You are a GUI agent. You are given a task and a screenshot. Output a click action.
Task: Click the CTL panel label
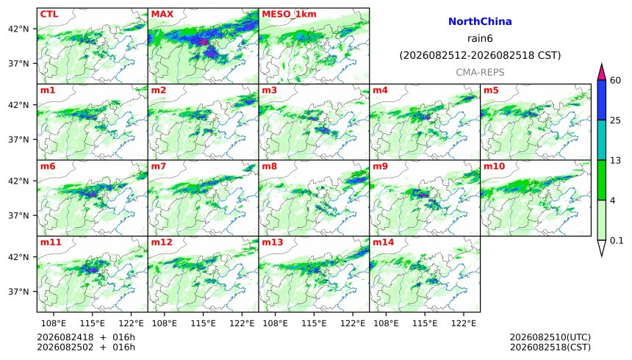coord(49,14)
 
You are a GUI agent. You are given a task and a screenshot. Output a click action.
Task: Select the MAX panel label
coord(162,14)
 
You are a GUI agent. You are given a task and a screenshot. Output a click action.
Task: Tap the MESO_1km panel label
coord(289,14)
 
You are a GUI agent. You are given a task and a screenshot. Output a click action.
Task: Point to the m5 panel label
coord(491,90)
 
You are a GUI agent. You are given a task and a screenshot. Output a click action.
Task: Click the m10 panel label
coord(494,166)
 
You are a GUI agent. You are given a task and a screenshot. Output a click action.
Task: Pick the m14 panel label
coord(383,242)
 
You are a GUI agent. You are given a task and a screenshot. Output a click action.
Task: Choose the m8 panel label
coord(269,166)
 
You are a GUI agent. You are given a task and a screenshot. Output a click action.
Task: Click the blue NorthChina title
coord(480,21)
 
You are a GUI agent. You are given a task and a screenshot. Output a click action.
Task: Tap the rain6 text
coord(480,39)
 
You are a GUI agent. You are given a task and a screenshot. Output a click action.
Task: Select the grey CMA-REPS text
coord(480,73)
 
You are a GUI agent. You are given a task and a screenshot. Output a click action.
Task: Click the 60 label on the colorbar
coord(615,81)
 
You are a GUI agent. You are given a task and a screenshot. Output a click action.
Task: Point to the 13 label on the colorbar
coord(615,160)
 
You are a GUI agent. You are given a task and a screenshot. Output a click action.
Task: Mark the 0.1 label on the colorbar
coord(617,241)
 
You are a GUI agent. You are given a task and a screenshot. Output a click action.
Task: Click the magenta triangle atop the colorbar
coord(602,72)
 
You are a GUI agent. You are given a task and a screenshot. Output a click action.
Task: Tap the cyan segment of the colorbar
coord(602,140)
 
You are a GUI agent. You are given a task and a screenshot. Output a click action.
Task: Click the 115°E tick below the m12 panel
coord(203,323)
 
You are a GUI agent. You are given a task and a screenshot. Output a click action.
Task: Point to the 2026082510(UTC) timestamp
coord(550,337)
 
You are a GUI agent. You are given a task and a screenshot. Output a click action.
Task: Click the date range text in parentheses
coord(480,55)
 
